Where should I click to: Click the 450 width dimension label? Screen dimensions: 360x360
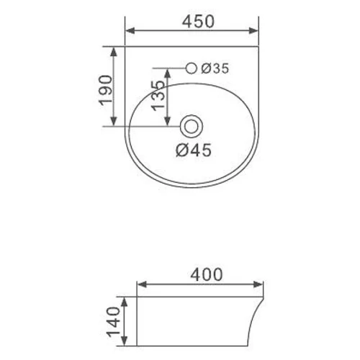point(198,22)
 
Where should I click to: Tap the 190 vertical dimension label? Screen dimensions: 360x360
point(105,91)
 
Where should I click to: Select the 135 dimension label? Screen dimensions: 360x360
point(158,96)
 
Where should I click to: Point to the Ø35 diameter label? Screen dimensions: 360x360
point(215,68)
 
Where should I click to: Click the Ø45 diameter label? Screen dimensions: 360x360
point(194,150)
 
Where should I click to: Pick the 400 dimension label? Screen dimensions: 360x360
point(207,275)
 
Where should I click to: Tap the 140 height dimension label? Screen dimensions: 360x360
point(113,322)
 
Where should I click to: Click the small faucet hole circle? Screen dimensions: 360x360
point(192,68)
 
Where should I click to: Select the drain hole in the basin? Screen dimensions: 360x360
point(192,127)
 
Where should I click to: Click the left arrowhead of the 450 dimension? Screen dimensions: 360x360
point(130,31)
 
